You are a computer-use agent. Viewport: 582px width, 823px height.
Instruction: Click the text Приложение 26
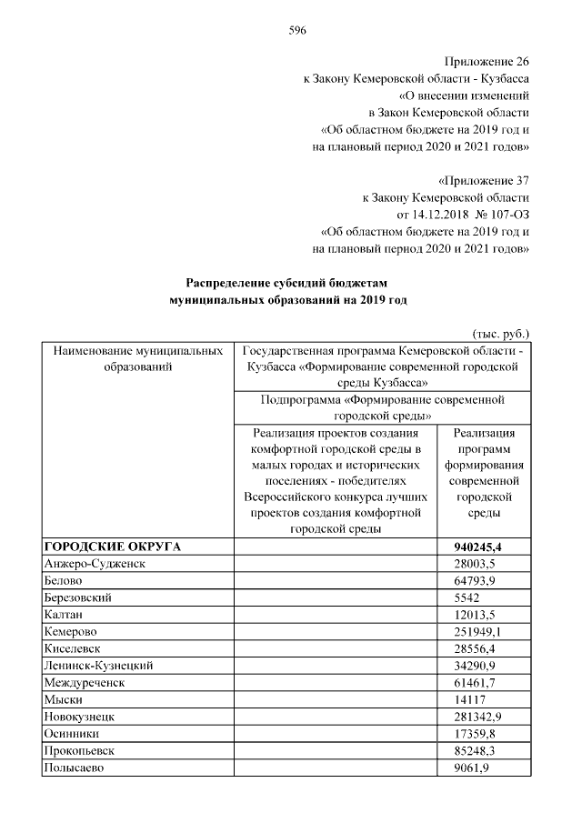pyautogui.click(x=487, y=62)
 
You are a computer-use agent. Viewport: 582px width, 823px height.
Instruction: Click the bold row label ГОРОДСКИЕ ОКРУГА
pyautogui.click(x=113, y=547)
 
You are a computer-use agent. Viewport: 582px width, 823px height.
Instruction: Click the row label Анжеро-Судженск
pyautogui.click(x=95, y=564)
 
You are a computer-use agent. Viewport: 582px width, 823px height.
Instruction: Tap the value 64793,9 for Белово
pyautogui.click(x=473, y=581)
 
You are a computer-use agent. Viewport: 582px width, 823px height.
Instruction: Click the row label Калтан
pyautogui.click(x=64, y=615)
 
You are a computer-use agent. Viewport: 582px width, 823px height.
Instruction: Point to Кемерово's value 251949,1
pyautogui.click(x=477, y=632)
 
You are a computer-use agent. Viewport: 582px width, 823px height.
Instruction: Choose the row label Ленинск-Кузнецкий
pyautogui.click(x=98, y=667)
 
